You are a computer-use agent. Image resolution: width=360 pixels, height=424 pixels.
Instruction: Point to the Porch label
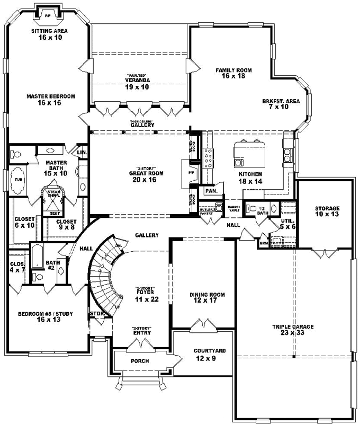pos(140,361)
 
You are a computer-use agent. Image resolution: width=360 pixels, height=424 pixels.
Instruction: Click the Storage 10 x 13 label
pos(327,211)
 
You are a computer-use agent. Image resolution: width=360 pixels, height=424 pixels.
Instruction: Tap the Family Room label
pos(233,73)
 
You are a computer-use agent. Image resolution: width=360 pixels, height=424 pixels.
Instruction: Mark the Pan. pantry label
pos(211,190)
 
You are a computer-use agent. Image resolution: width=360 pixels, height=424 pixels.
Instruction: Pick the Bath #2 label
pos(52,265)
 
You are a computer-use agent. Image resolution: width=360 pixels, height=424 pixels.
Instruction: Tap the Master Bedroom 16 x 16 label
pos(49,100)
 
